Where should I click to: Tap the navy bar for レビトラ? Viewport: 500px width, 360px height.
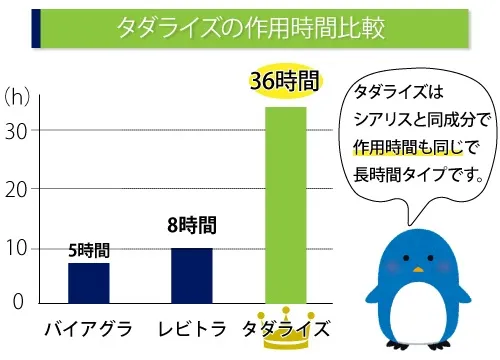coord(191,275)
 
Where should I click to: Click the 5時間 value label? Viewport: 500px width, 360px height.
coord(88,250)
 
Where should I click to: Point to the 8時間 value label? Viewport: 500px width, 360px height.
coord(191,226)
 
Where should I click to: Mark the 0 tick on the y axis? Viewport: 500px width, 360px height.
coord(16,302)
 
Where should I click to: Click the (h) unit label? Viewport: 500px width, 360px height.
coord(18,97)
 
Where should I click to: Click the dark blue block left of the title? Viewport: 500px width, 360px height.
coord(36,27)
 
